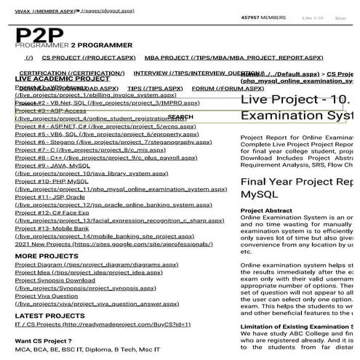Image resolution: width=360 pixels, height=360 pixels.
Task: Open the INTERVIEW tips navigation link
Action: pyautogui.click(x=188, y=73)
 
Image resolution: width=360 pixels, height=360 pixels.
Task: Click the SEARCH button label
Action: pyautogui.click(x=180, y=116)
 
